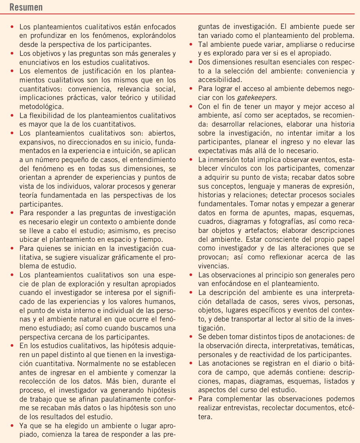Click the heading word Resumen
coord(26,7)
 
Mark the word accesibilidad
coord(220,79)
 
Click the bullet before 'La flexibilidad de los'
coord(13,115)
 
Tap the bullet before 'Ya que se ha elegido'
coord(13,425)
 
